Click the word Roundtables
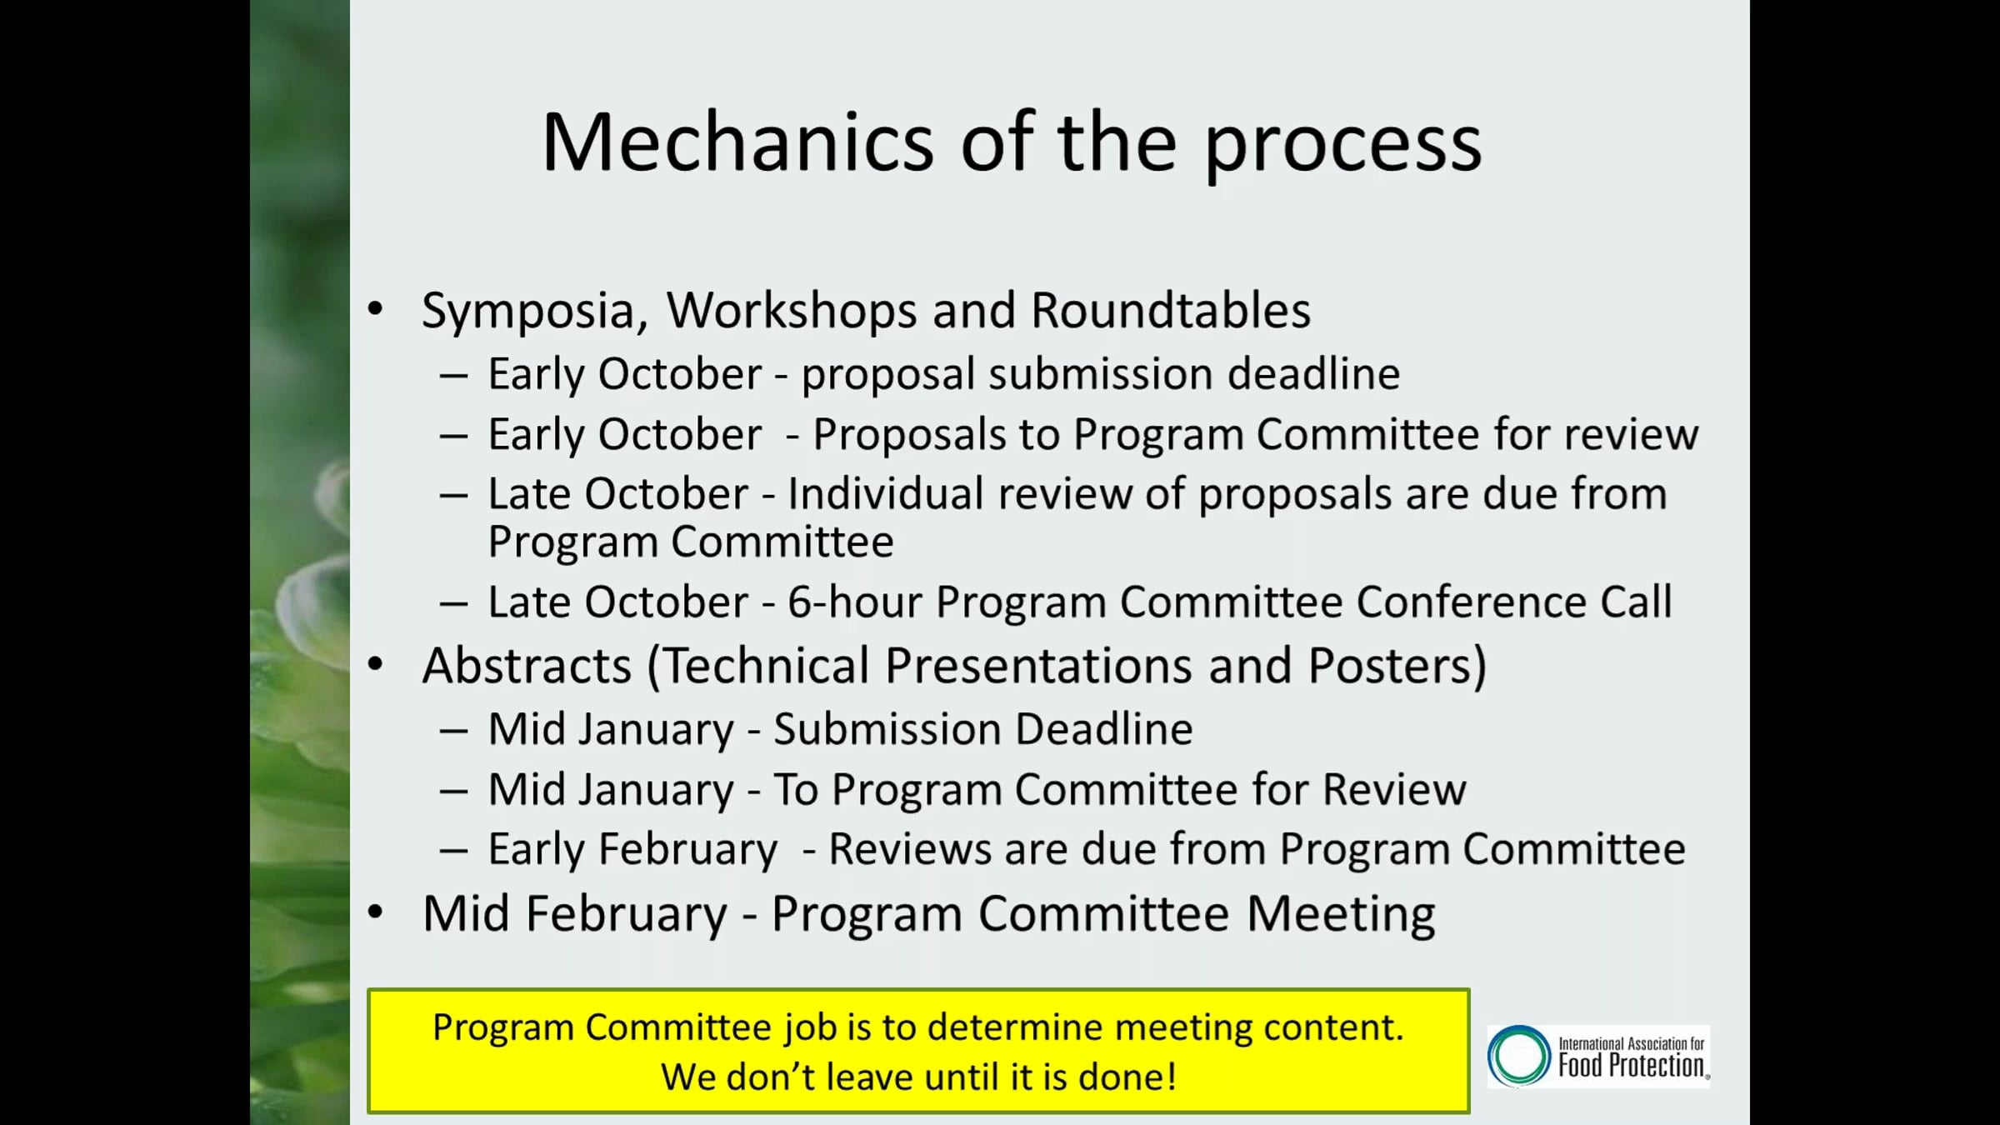pos(1171,310)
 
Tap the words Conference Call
pos(1513,602)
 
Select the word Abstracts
pos(527,666)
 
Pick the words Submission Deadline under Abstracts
pos(983,729)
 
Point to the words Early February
pos(632,851)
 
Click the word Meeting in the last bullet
pos(1341,914)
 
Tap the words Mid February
pos(575,914)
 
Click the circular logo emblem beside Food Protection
pos(1519,1056)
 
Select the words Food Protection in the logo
pos(1632,1066)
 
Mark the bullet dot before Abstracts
pos(376,664)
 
